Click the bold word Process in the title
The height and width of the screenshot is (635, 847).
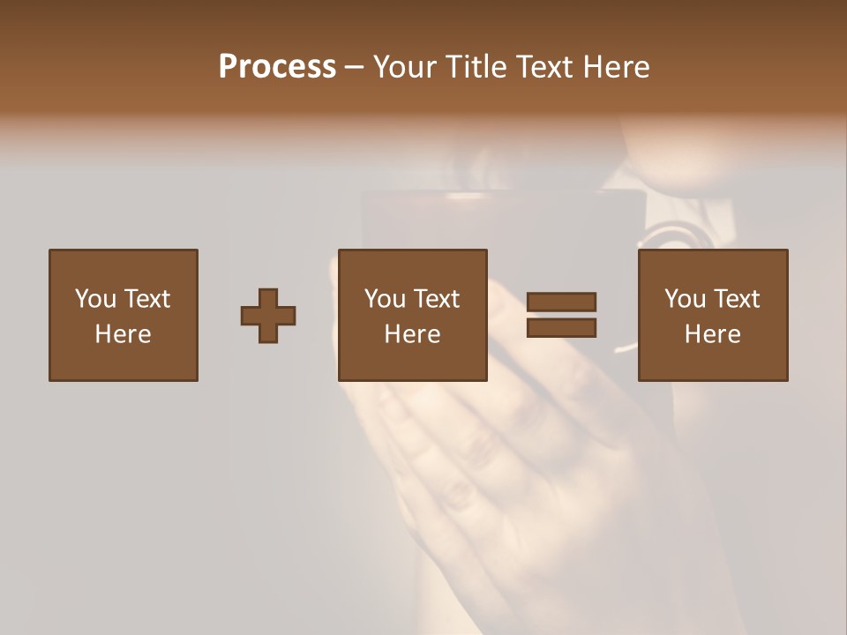(277, 67)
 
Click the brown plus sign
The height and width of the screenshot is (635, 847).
(268, 316)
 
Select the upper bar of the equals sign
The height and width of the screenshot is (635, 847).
(561, 302)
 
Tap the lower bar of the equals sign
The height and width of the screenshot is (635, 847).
(561, 328)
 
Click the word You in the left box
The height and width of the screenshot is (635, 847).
(94, 299)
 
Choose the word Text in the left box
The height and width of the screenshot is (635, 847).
(146, 299)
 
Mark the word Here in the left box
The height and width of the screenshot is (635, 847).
(123, 334)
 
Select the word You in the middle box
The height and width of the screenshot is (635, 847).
(385, 299)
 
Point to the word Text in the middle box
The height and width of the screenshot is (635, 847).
(436, 299)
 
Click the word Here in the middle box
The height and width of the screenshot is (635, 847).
(412, 334)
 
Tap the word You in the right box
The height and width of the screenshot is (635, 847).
(685, 299)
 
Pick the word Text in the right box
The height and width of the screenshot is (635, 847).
(736, 299)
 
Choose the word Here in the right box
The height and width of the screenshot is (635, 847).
(712, 334)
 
